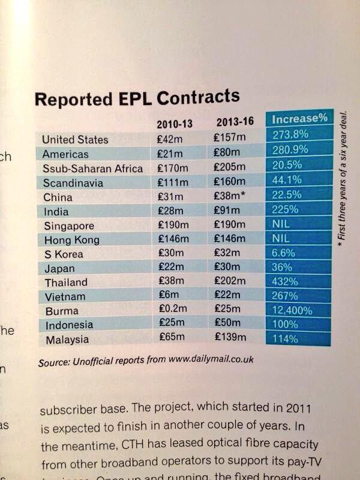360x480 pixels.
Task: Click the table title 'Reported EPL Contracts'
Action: coord(137,98)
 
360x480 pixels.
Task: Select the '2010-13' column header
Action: coord(174,125)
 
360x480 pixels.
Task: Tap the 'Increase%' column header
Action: coord(299,118)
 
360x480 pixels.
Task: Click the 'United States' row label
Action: coord(75,140)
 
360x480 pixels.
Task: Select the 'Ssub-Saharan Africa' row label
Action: coord(92,169)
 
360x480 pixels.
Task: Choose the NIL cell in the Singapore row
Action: coord(281,226)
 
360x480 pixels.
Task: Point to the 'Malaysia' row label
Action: coord(65,340)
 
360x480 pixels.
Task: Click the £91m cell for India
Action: coord(226,211)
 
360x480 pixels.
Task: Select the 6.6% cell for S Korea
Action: coord(284,254)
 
